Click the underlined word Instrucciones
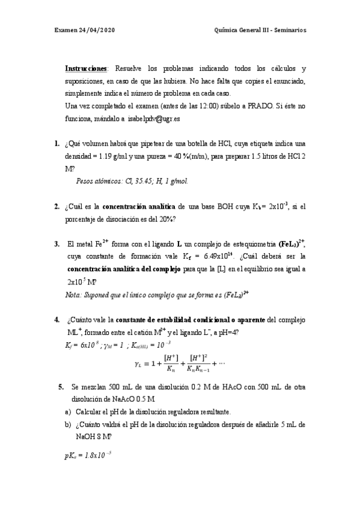click(86, 69)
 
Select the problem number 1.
click(56, 144)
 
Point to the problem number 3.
click(56, 244)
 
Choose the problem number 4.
click(56, 319)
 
